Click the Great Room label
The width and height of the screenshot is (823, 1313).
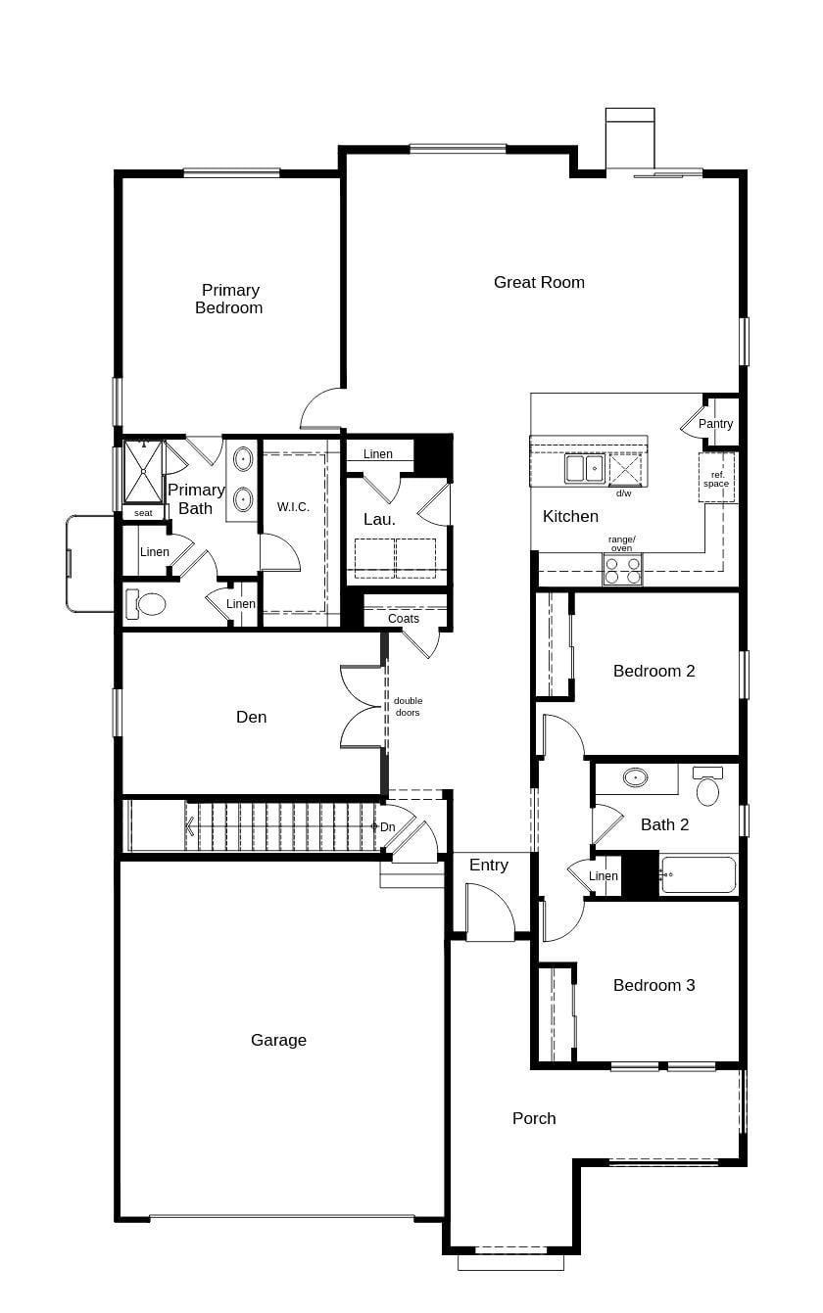click(539, 282)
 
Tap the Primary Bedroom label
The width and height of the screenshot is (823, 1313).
click(229, 299)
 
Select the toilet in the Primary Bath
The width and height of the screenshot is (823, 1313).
click(151, 604)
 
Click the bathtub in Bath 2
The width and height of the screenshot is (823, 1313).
click(699, 874)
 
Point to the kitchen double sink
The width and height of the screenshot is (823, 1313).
click(584, 469)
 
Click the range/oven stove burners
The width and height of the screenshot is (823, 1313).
click(622, 571)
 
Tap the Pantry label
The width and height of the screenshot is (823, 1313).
click(715, 424)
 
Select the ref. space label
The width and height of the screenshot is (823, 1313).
click(716, 479)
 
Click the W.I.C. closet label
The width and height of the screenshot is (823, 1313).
click(293, 507)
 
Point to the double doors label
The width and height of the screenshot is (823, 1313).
click(408, 707)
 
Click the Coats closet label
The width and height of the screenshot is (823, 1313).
click(404, 619)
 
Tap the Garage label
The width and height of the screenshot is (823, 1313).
click(278, 1040)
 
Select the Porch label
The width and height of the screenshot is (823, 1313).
click(534, 1118)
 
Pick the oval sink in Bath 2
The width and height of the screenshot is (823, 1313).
click(636, 778)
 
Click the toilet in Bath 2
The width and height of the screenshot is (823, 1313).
click(707, 787)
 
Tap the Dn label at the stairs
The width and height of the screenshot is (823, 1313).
click(387, 827)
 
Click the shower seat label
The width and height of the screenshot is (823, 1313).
click(143, 513)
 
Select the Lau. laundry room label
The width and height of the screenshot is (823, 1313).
click(379, 519)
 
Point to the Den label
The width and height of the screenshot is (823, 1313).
click(252, 717)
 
